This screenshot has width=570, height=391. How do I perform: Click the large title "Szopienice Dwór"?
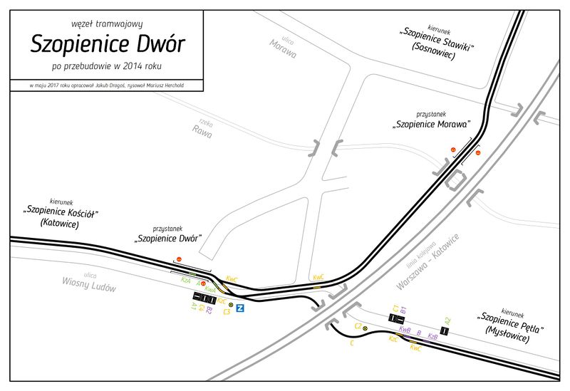[x=108, y=44]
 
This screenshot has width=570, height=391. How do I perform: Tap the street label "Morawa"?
[x=283, y=49]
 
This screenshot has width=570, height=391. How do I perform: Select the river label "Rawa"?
[x=202, y=129]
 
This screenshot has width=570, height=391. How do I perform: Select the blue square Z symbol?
[x=241, y=308]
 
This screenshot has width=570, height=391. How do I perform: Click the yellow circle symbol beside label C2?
[x=366, y=328]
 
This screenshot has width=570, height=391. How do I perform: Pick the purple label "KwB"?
[x=405, y=331]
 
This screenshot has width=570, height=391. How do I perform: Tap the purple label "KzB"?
[x=432, y=335]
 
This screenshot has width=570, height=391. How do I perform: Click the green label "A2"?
[x=447, y=320]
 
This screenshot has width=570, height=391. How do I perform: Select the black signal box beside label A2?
[x=444, y=331]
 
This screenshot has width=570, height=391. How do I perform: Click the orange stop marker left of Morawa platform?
[x=452, y=148]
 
